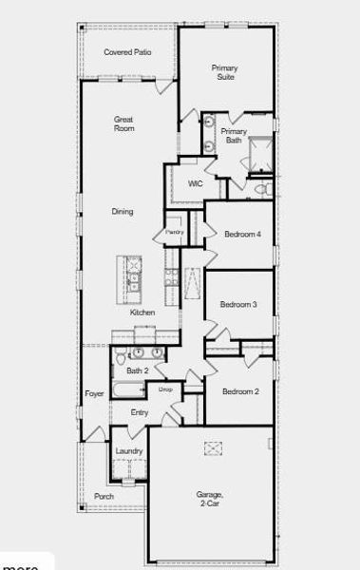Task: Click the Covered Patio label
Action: (127, 52)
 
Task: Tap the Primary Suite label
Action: (225, 72)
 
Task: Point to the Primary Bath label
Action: (234, 136)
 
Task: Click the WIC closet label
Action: (196, 183)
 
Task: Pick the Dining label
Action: (122, 212)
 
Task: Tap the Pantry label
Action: (174, 231)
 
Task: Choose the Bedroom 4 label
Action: (242, 234)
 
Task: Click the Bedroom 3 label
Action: (238, 305)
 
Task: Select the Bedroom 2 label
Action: (240, 391)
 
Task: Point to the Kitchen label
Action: (142, 313)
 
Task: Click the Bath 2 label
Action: (138, 371)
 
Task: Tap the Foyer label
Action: (94, 393)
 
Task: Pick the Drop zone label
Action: (165, 389)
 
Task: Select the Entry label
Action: (140, 412)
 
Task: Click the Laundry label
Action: (129, 451)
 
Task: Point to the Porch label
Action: (104, 496)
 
